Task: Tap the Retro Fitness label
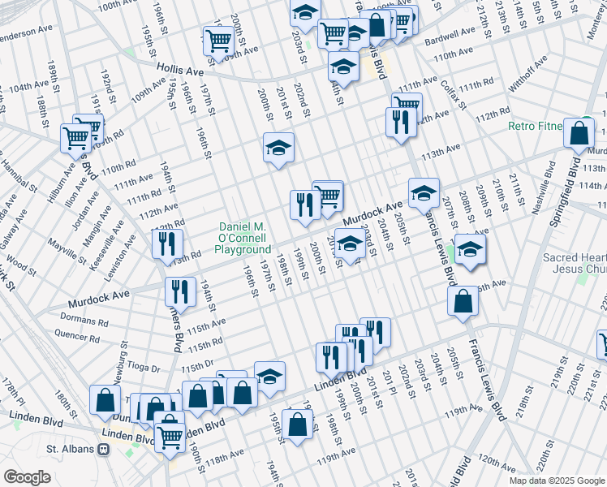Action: pos(536,126)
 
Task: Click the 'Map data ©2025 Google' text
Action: pos(557,481)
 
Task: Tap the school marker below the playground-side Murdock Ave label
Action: pos(349,243)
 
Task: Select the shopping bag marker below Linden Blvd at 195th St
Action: pos(299,425)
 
